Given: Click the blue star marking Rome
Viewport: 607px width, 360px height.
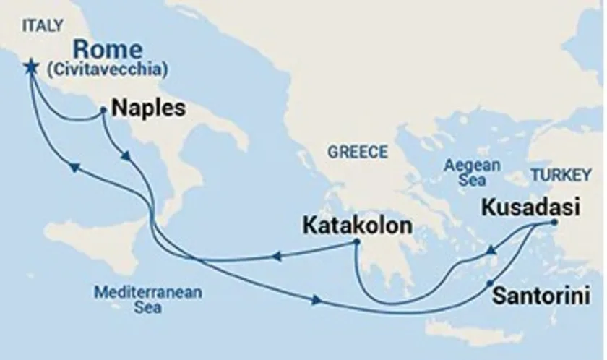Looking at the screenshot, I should (30, 66).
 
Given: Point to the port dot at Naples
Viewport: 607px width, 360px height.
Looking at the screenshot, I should (103, 111).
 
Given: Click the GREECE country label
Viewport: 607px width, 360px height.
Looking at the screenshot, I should (358, 152).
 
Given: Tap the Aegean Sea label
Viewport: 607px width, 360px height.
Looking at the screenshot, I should (472, 171).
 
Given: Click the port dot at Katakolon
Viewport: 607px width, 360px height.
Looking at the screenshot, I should (356, 242).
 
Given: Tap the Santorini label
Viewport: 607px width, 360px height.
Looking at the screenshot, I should (539, 296).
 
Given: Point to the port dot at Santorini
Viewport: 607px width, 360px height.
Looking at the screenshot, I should (490, 283).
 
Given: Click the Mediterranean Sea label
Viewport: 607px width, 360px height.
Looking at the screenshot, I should (147, 300).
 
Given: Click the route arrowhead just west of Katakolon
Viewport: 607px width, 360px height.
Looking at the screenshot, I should (277, 254).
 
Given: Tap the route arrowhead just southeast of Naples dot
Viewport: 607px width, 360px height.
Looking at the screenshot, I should (126, 156).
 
